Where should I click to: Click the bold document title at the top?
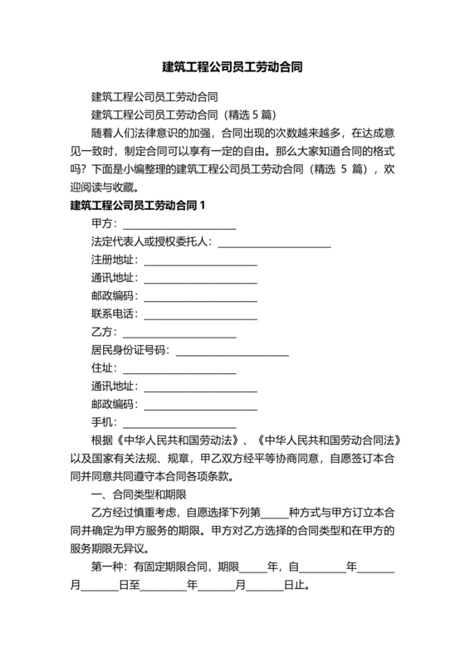pyautogui.click(x=232, y=66)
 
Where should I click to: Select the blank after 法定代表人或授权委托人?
pyautogui.click(x=274, y=242)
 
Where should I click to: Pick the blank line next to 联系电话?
pyautogui.click(x=200, y=314)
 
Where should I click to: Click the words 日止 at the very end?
pyautogui.click(x=296, y=586)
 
